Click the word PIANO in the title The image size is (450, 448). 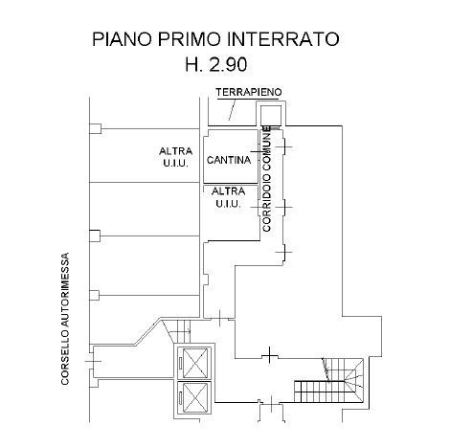(123, 39)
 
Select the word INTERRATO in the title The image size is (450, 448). (282, 39)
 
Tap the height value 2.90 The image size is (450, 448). (228, 64)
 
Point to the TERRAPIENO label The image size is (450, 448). (249, 92)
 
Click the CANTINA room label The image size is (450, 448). (229, 160)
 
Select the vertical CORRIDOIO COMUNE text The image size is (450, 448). (266, 179)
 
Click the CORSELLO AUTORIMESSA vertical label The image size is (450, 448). (65, 319)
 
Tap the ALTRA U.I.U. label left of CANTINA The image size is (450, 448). (175, 157)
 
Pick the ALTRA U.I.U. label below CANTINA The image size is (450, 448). (228, 197)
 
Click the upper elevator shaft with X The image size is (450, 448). (194, 363)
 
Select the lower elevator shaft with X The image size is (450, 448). (194, 398)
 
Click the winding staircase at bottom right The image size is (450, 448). (329, 380)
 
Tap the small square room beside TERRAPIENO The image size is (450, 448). (271, 115)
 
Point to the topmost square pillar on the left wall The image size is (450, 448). (95, 129)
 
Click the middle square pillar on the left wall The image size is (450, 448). (95, 236)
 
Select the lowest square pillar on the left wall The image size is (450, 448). (94, 295)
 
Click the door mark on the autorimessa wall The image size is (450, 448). (93, 361)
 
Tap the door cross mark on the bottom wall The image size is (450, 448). (271, 404)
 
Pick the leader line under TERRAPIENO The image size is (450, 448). (233, 110)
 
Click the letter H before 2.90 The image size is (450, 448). (192, 64)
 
